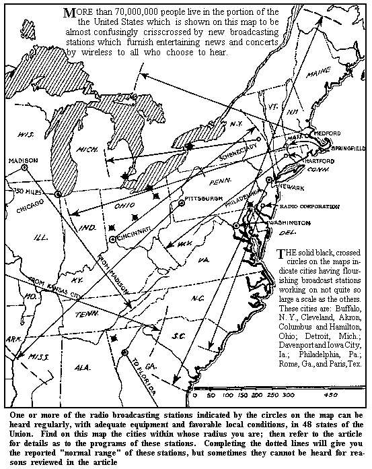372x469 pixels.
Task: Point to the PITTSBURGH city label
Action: pos(204,199)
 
